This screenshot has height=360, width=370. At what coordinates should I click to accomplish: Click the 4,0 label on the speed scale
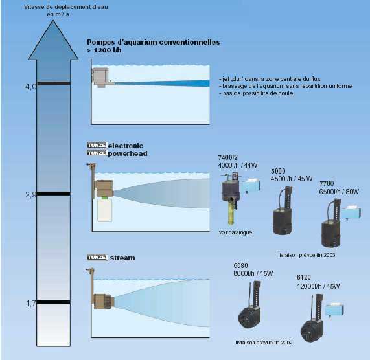[x=30, y=87]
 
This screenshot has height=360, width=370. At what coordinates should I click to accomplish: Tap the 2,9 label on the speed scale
[x=30, y=195]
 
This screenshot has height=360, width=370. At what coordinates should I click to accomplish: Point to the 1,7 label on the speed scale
[x=30, y=304]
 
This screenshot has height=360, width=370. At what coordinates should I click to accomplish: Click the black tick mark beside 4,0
[x=54, y=84]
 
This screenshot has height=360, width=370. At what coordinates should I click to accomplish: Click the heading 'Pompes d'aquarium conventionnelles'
[x=154, y=43]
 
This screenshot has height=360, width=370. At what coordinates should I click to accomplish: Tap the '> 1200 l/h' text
[x=104, y=51]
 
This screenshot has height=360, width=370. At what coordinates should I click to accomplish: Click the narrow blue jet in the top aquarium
[x=162, y=84]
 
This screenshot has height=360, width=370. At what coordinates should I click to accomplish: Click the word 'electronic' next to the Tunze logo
[x=126, y=146]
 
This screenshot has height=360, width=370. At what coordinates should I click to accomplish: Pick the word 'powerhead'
[x=128, y=153]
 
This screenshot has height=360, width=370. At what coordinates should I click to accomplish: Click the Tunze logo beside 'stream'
[x=97, y=257]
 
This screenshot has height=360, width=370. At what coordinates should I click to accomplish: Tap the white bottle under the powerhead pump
[x=105, y=210]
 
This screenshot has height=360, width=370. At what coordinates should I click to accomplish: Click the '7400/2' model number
[x=227, y=157]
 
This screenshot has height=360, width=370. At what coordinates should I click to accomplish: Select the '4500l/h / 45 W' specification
[x=292, y=179]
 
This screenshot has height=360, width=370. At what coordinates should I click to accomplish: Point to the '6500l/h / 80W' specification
[x=339, y=192]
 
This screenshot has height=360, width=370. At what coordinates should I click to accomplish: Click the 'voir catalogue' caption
[x=235, y=232]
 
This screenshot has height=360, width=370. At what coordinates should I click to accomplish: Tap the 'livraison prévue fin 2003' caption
[x=306, y=255]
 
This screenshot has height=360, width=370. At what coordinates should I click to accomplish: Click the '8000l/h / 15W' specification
[x=253, y=273]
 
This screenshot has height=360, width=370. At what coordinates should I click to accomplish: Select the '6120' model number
[x=304, y=277]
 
